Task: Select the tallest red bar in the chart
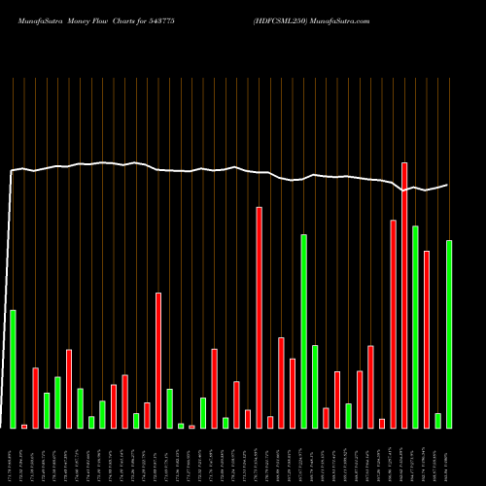pos(404,295)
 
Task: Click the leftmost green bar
pos(13,368)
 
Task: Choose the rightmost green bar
pos(449,334)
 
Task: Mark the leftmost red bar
pos(24,426)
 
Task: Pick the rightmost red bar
pos(427,339)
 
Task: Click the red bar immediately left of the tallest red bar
pos(393,324)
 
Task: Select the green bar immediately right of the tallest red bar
pos(415,327)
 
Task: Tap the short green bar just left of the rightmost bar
pos(437,420)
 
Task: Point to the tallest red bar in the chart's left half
pos(158,360)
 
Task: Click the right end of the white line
pos(447,185)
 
